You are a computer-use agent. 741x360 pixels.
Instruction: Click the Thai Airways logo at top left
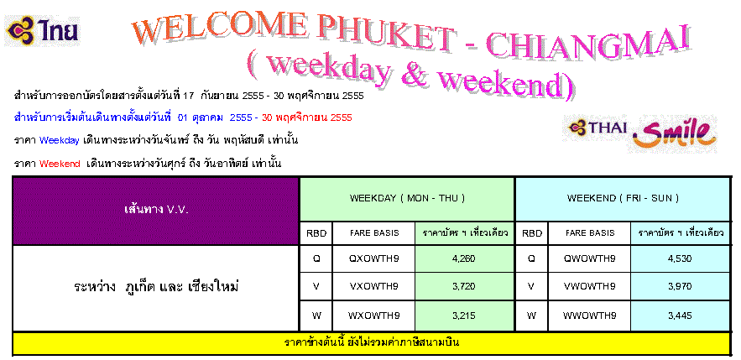tap(42, 31)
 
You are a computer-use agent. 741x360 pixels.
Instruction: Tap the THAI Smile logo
tap(639, 133)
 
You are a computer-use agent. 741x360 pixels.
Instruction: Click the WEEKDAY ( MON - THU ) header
tap(407, 198)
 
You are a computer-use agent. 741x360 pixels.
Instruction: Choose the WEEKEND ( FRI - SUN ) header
tap(623, 198)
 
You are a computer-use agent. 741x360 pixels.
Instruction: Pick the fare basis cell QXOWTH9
tap(373, 258)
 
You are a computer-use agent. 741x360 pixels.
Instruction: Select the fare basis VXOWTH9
tap(373, 286)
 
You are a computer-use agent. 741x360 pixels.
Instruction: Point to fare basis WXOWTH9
tap(373, 316)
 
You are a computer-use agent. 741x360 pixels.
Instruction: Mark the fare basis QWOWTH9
tap(589, 258)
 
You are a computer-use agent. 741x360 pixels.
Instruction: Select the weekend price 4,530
tap(680, 258)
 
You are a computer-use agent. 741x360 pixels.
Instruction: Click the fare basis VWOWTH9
tap(589, 286)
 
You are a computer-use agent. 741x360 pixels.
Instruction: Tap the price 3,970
tap(680, 286)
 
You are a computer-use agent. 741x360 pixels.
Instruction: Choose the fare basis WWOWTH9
tap(589, 316)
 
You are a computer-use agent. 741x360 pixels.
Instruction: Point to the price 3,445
tap(680, 316)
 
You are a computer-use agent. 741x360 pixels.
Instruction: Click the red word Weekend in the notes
tap(60, 164)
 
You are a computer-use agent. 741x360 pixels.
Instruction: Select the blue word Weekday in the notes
tap(60, 141)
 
